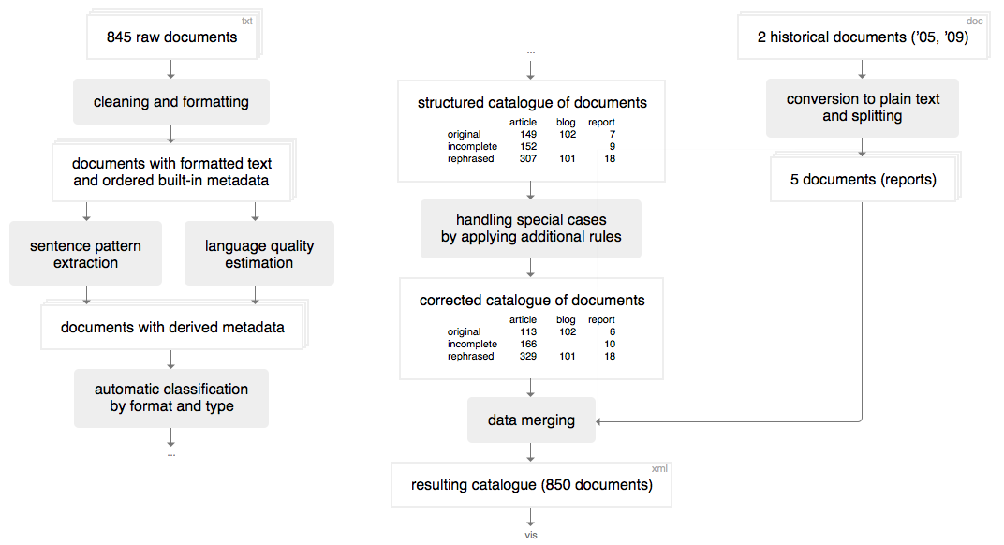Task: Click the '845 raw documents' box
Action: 171,37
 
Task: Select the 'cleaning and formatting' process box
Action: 171,102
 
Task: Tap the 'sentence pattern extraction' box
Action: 86,254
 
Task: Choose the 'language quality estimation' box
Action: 259,254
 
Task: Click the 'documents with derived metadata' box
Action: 172,327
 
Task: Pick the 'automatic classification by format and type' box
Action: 171,398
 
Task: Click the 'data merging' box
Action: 531,420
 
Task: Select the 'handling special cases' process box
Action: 531,228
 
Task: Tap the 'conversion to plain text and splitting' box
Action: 863,108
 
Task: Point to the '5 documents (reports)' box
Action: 864,179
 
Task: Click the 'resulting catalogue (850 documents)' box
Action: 531,485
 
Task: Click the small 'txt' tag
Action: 246,22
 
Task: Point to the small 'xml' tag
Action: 659,469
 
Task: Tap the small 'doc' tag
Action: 975,22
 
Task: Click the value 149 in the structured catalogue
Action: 528,135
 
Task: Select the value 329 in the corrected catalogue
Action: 528,356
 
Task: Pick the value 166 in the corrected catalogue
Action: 528,344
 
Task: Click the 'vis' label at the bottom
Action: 531,535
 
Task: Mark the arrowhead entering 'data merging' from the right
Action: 598,421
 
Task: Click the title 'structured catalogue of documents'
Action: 532,102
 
